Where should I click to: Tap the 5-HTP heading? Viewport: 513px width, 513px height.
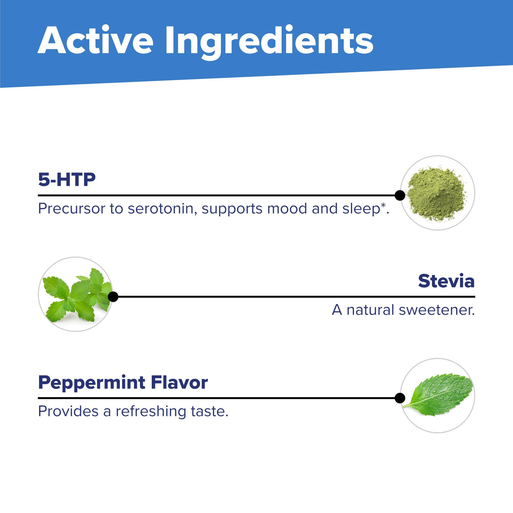click(67, 180)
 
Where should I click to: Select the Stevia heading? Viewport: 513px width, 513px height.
click(446, 281)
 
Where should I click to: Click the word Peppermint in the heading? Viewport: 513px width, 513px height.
click(90, 382)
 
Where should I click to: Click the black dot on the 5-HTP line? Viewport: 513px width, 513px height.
click(400, 195)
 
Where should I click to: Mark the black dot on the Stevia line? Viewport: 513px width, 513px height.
click(113, 297)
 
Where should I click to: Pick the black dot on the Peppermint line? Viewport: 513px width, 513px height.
click(400, 398)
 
